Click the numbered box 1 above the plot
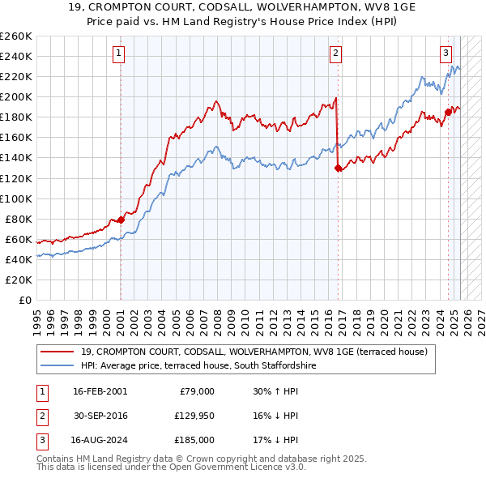click(119, 54)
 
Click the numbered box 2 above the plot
click(335, 54)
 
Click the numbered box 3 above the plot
click(446, 54)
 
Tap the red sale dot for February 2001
click(121, 220)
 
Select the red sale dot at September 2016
click(337, 168)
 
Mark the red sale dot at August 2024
click(448, 112)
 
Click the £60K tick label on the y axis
click(18, 239)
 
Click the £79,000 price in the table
click(196, 391)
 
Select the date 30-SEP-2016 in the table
click(100, 416)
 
